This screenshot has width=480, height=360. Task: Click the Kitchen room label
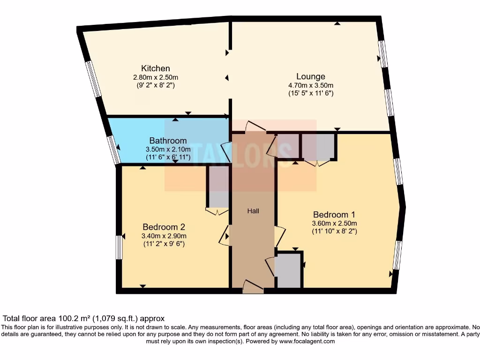point(156,68)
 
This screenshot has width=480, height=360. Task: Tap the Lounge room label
point(310,76)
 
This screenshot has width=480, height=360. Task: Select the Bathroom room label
point(168,141)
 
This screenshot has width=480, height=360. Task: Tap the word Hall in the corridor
point(253,211)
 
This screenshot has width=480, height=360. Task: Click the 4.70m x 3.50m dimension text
point(310,85)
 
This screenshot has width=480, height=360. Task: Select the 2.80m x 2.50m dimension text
point(156,77)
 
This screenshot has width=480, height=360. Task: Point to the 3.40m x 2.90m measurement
point(165,236)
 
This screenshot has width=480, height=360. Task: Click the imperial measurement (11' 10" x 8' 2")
point(335,231)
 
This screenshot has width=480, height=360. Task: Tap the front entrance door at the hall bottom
point(253,287)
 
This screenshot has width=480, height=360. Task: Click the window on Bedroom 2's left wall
point(119,247)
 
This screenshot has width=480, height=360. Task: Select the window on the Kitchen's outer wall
point(93,79)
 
